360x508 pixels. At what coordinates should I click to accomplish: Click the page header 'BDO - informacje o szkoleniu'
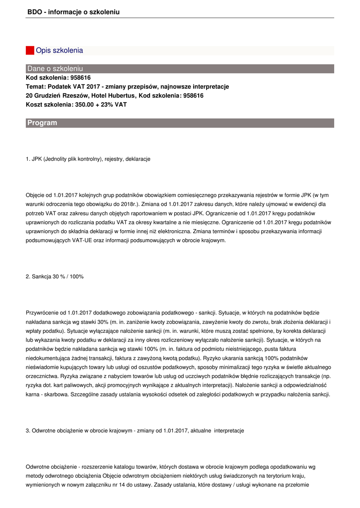point(73,11)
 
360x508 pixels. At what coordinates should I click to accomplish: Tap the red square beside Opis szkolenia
point(30,51)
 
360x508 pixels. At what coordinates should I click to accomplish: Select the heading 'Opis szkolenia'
point(59,51)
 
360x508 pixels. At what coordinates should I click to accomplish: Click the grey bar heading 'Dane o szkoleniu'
point(55,68)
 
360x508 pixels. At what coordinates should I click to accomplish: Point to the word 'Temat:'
point(36,86)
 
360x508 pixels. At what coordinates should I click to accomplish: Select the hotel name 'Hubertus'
point(122,95)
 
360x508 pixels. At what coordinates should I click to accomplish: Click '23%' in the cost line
point(108,104)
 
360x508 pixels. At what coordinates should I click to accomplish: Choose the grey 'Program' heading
point(42,123)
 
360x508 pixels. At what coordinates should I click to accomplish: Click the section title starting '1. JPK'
point(88,159)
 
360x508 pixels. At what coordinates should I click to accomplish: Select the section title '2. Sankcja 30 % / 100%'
point(55,276)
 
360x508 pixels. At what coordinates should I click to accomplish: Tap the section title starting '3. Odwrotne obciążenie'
point(135,431)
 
